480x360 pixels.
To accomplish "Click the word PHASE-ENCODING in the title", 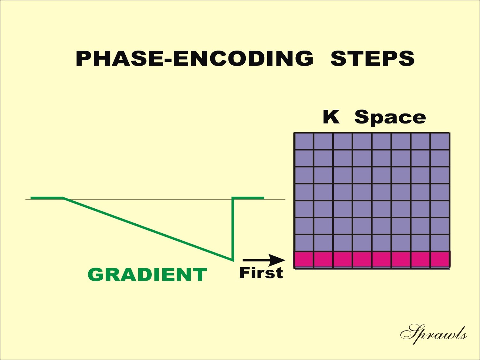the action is (x=195, y=58).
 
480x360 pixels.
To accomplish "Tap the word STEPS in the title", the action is (x=372, y=58).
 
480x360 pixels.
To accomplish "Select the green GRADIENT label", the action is (x=147, y=275).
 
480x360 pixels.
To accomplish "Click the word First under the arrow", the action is (x=261, y=273).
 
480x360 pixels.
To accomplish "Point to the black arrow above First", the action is (x=264, y=260).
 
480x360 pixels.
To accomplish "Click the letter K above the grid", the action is (x=331, y=117).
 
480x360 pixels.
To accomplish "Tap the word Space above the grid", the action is (x=390, y=118).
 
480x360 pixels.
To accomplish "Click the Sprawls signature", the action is (x=433, y=334).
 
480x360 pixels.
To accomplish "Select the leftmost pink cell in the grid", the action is (x=304, y=260).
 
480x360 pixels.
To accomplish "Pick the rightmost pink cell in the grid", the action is (x=440, y=260).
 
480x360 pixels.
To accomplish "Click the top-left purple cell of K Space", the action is (x=304, y=141).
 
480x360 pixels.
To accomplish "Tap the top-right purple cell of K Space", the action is (x=440, y=141).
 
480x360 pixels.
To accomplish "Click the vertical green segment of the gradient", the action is (x=233, y=228).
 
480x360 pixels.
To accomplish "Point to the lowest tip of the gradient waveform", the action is (x=233, y=261).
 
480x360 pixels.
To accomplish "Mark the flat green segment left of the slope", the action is (x=47, y=198).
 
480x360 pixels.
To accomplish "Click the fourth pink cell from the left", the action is (x=362, y=260).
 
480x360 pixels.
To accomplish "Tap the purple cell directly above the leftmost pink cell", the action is (x=304, y=243).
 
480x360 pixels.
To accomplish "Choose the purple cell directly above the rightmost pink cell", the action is (x=440, y=243).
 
